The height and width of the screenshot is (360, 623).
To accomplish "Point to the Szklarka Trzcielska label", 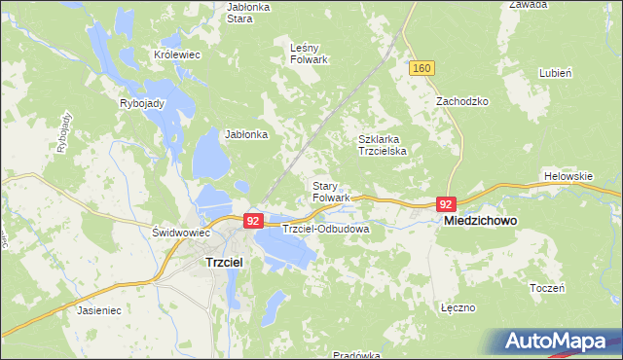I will (386, 145).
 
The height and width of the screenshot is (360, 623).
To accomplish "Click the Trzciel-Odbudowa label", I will (325, 230).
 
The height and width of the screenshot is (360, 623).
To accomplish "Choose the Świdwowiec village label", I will (182, 234).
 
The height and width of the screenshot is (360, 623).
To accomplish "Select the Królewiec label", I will (177, 55).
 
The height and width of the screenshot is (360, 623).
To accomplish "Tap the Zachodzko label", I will (461, 101).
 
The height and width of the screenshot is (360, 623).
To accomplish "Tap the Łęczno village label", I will (457, 307).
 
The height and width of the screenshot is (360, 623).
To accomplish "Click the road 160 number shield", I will (421, 68).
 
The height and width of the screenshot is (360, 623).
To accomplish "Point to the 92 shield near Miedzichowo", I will (446, 204).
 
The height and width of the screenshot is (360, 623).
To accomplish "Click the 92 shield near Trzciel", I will (253, 222).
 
